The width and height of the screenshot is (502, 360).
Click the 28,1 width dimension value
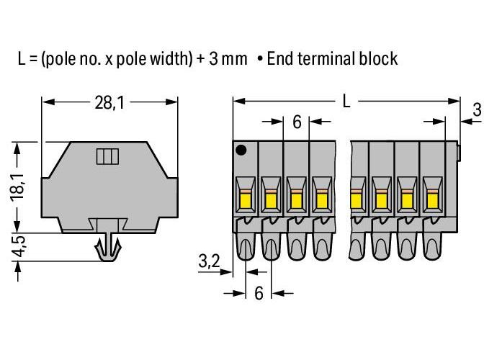click(x=109, y=103)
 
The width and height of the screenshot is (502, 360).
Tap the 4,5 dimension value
click(x=18, y=246)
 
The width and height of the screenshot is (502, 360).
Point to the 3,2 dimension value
click(x=209, y=261)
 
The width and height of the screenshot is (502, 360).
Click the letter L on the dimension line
click(x=346, y=102)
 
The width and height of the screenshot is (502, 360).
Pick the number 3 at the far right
click(x=477, y=109)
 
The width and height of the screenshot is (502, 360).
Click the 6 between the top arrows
click(x=297, y=122)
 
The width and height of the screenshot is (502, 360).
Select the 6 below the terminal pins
click(x=259, y=293)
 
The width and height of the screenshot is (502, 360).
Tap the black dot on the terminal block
click(x=241, y=150)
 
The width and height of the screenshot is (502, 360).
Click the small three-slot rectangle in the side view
click(x=107, y=156)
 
